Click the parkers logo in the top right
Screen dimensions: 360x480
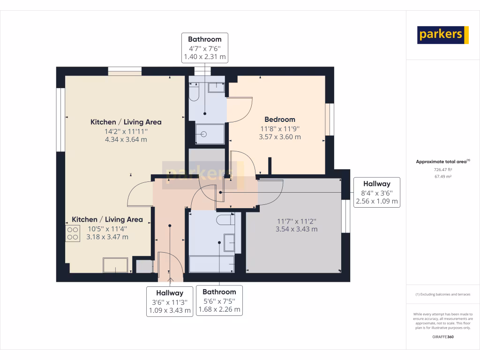point(443,35)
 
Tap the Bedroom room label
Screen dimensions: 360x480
point(280,120)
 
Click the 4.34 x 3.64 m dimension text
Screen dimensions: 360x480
point(126,140)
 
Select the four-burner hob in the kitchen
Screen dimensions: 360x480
point(73,233)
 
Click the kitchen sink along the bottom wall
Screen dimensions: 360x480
point(116,265)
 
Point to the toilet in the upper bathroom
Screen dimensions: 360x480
point(194,92)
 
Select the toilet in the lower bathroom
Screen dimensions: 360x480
point(224,219)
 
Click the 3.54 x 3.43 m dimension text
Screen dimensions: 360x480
point(296,229)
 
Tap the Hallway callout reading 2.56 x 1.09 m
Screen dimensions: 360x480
point(375,193)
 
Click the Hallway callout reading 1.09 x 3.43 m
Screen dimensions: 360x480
point(170,301)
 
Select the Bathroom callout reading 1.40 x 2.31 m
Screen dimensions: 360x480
point(204,48)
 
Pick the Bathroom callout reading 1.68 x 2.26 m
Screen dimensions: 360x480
point(219,300)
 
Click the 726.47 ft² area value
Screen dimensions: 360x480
point(443,170)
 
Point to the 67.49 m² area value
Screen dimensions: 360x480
point(443,177)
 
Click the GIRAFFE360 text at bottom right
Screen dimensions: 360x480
point(443,337)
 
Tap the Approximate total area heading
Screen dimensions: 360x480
point(442,162)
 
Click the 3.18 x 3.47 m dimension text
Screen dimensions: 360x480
point(108,237)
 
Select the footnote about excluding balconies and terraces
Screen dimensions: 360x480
point(443,294)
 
